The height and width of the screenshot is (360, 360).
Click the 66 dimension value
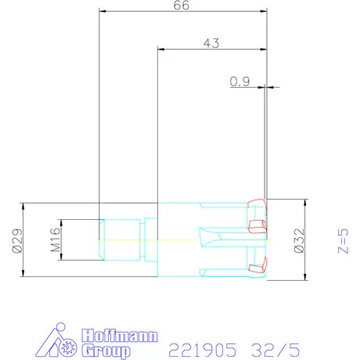click(182, 5)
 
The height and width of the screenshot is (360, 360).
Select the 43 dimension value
click(211, 43)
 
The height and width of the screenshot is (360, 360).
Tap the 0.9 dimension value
click(239, 81)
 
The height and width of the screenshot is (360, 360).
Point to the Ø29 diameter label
click(17, 240)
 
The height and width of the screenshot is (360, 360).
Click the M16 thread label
click(56, 240)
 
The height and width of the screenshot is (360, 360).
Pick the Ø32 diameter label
click(299, 240)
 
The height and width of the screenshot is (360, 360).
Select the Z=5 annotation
click(343, 241)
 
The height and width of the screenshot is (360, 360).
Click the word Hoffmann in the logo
click(120, 336)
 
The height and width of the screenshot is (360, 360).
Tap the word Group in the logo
click(106, 351)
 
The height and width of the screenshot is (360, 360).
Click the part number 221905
click(203, 350)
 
